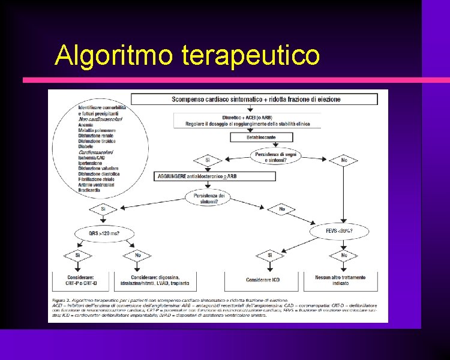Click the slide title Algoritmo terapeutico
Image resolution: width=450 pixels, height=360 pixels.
tap(187, 55)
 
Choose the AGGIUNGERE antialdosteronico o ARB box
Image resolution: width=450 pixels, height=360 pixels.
tap(215, 176)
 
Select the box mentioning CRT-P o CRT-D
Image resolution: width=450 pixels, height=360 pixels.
tap(78, 280)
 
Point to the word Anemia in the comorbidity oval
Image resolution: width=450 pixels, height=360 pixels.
tap(85, 125)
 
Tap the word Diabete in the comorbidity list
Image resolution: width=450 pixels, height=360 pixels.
tap(86, 146)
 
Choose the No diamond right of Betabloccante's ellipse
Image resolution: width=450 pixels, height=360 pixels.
tap(344, 160)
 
